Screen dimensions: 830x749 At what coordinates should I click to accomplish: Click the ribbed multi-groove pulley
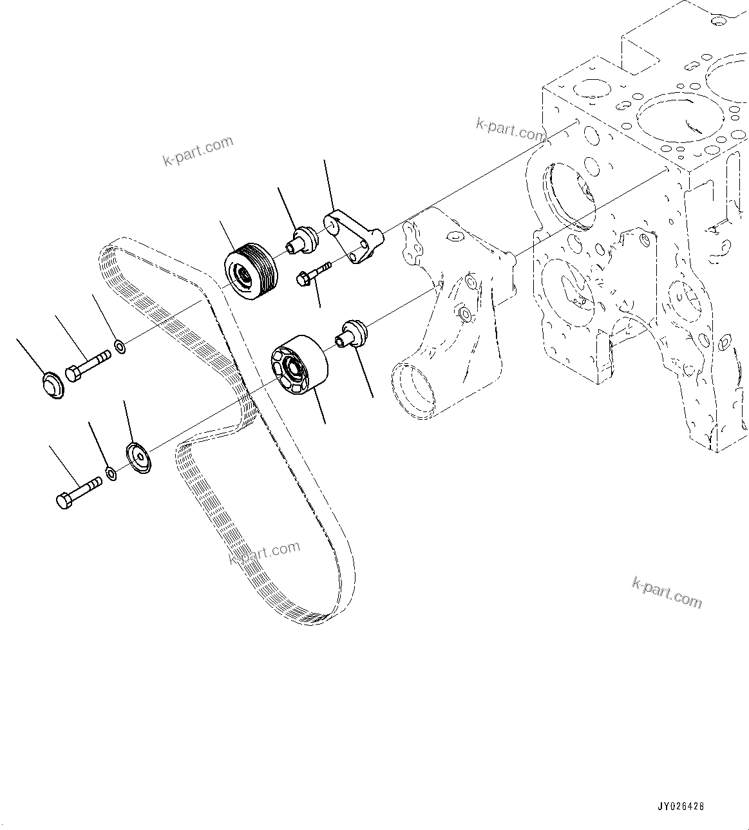click(250, 271)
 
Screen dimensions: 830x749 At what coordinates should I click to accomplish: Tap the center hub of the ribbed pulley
click(245, 277)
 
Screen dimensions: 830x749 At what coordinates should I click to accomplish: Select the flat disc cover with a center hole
click(138, 458)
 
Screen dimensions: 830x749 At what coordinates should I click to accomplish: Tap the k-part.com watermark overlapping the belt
click(264, 552)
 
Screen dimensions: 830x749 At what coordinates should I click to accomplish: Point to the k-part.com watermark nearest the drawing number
click(667, 592)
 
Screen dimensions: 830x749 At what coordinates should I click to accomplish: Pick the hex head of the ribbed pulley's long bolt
click(72, 373)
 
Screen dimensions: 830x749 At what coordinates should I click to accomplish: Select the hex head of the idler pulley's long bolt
click(64, 500)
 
